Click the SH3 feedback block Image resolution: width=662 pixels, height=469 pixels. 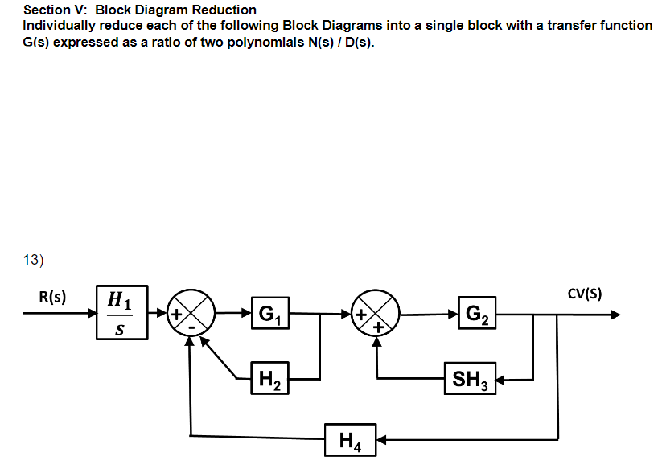click(471, 376)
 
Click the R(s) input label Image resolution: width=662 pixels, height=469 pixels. click(53, 295)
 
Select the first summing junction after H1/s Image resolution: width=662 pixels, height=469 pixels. click(190, 315)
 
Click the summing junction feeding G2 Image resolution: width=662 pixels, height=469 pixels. click(375, 315)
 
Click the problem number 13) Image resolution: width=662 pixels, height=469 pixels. click(32, 259)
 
